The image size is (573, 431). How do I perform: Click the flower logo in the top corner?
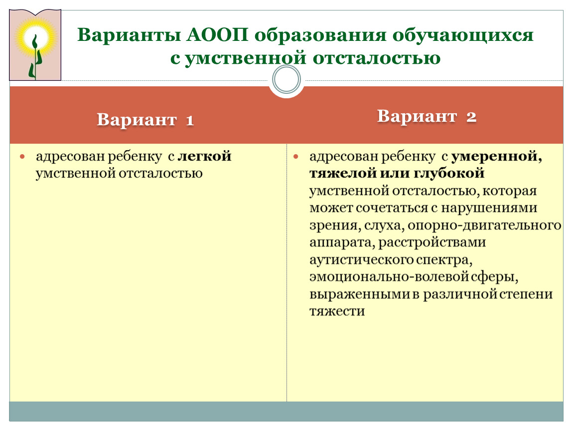(35, 45)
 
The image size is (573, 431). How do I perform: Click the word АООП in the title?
(217, 35)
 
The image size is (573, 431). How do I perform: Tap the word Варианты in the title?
(129, 35)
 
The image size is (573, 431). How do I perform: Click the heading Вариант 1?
(145, 120)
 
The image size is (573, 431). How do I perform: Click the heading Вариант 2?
(427, 116)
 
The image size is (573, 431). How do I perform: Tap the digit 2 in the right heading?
(471, 117)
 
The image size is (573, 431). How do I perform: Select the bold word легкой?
(204, 156)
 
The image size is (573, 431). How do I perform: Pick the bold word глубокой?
(449, 174)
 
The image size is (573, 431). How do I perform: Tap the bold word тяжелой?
(343, 174)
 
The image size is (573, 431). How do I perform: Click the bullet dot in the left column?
(22, 157)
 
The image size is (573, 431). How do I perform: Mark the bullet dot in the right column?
(295, 157)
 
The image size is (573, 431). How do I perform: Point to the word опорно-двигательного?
(484, 225)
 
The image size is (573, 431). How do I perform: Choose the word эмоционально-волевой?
(389, 277)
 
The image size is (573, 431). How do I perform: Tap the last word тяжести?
(337, 311)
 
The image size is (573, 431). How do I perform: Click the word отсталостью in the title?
(377, 58)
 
